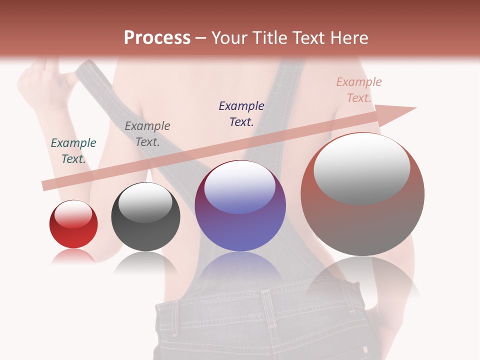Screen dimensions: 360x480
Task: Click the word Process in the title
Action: click(x=157, y=38)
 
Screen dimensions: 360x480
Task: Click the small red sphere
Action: click(x=73, y=224)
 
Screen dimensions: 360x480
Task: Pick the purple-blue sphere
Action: click(x=240, y=205)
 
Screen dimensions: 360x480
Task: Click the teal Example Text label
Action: click(x=73, y=151)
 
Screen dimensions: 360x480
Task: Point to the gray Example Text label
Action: click(x=147, y=134)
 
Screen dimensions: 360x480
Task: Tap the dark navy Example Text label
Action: click(x=241, y=113)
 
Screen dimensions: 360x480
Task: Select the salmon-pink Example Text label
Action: click(x=358, y=89)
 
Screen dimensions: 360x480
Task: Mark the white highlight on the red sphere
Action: click(x=73, y=214)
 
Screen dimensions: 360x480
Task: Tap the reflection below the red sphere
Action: click(x=73, y=256)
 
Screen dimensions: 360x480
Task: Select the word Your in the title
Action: click(x=229, y=38)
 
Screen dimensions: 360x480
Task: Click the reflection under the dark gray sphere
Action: click(x=145, y=262)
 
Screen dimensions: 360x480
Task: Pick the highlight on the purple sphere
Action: click(x=240, y=188)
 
